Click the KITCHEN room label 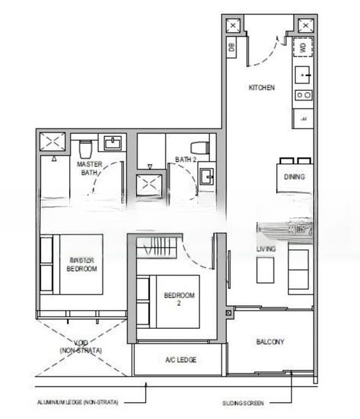click(x=262, y=88)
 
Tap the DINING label click(x=294, y=177)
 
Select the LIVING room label click(x=267, y=249)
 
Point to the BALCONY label click(x=269, y=341)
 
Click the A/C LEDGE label click(x=181, y=360)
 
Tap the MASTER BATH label click(x=90, y=168)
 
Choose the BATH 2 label click(x=186, y=160)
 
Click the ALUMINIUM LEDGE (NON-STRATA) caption click(x=77, y=403)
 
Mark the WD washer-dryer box click(x=303, y=47)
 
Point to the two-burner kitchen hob click(x=303, y=95)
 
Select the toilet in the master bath click(x=87, y=148)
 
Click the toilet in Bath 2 click(x=200, y=148)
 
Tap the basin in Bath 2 click(x=207, y=177)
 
